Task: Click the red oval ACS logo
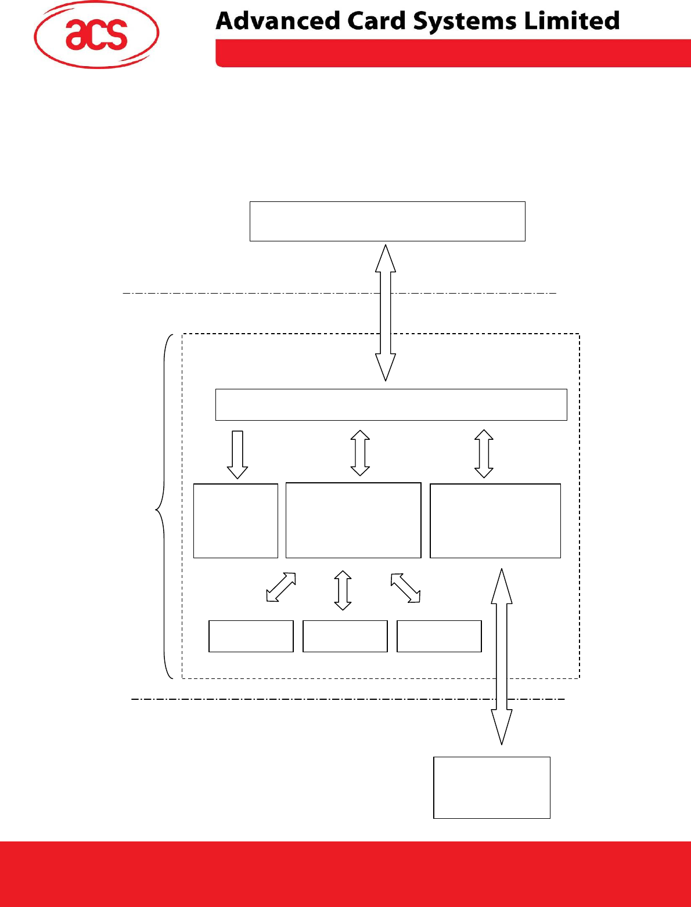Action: (96, 34)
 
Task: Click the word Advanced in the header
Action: (277, 21)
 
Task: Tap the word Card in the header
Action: (377, 21)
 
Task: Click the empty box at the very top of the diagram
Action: (387, 221)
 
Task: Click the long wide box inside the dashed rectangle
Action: (391, 404)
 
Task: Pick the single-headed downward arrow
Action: (237, 454)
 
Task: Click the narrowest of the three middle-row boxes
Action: (235, 521)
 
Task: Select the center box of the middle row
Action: (353, 521)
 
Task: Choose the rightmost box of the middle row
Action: (495, 521)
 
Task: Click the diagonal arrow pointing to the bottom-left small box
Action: (281, 587)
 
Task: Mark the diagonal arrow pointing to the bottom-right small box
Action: (405, 588)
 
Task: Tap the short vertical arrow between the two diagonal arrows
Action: (343, 590)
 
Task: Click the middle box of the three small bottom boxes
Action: (345, 636)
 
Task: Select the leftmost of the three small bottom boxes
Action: (251, 636)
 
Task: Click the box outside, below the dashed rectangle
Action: (491, 787)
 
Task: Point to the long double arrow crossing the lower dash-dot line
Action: (502, 656)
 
